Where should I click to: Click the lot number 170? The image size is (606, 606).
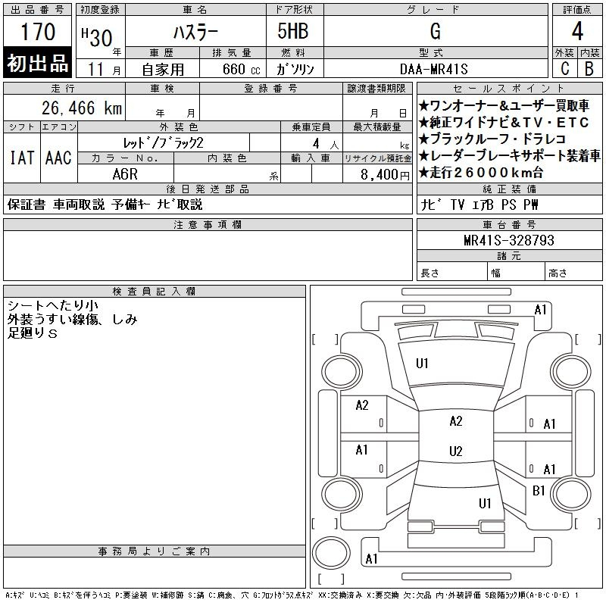click(38, 33)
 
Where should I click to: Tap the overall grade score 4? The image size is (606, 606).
click(576, 32)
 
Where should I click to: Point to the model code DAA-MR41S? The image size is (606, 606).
click(434, 69)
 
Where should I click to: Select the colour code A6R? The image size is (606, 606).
click(124, 173)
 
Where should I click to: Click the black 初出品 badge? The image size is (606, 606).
click(38, 64)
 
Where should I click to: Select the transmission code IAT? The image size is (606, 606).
click(22, 158)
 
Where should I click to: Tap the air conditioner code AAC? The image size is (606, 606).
click(58, 158)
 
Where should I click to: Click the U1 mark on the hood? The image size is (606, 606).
click(422, 364)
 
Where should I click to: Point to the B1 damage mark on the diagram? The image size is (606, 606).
click(539, 491)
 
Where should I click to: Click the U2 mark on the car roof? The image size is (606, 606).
click(455, 451)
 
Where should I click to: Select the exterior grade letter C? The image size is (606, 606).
click(564, 69)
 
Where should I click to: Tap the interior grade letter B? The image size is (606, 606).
click(589, 69)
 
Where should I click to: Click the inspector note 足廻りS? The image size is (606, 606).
click(33, 334)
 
